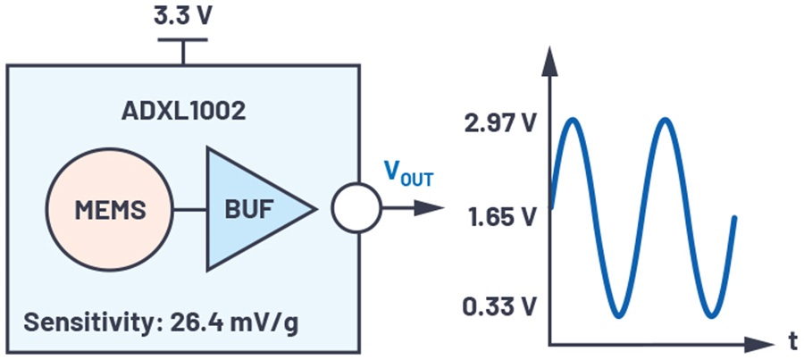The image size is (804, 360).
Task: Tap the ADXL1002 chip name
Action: coord(182,113)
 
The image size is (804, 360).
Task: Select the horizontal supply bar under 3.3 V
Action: coord(183,40)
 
